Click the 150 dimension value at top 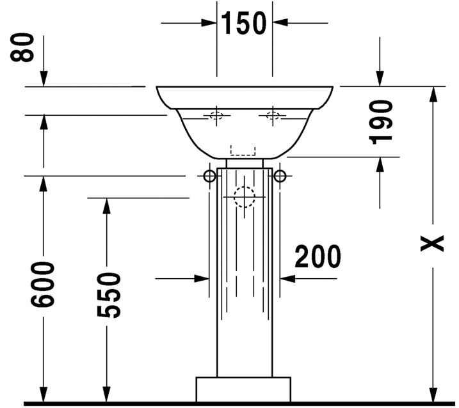243,23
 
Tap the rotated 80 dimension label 22,47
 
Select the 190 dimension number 380,122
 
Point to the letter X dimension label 432,244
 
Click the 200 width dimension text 318,256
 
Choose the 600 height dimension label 43,285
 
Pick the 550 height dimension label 109,295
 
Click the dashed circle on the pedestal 245,197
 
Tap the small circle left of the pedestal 209,176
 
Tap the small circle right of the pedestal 280,176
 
